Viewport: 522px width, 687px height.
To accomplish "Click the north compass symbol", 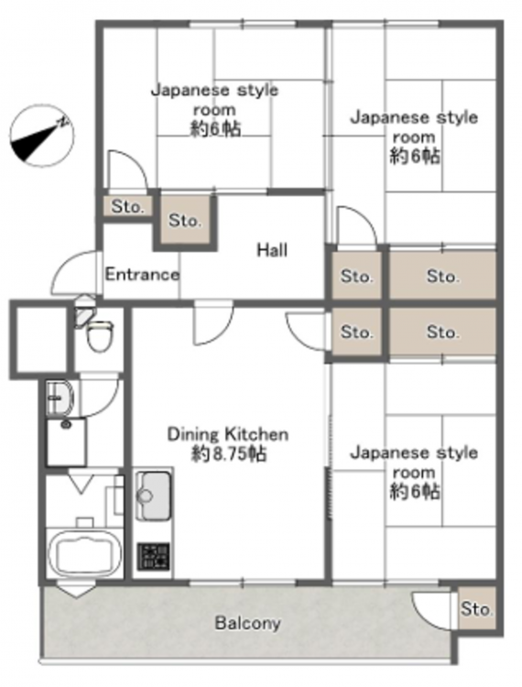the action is (42, 136).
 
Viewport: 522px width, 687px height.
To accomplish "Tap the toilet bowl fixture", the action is (100, 335).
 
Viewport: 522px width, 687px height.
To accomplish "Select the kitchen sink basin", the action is (153, 496).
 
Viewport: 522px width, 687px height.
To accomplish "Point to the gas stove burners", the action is (153, 556).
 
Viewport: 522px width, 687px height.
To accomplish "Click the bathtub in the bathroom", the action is (85, 553).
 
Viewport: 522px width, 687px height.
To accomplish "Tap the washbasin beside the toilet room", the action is (60, 397).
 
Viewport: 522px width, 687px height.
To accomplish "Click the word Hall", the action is (272, 250).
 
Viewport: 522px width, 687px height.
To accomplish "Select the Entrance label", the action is (142, 275).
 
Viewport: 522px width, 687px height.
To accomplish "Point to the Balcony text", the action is (248, 623).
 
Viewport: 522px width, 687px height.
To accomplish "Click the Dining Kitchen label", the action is (228, 434).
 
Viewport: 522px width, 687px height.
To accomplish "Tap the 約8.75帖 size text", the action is (228, 454).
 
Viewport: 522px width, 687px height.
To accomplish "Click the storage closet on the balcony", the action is (476, 608).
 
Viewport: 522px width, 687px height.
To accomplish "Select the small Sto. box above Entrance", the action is (127, 206).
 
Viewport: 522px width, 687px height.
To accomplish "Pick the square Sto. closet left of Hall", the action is (185, 220).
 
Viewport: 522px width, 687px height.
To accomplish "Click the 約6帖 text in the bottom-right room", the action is (415, 492).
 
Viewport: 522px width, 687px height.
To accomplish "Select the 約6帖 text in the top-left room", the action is (215, 129).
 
